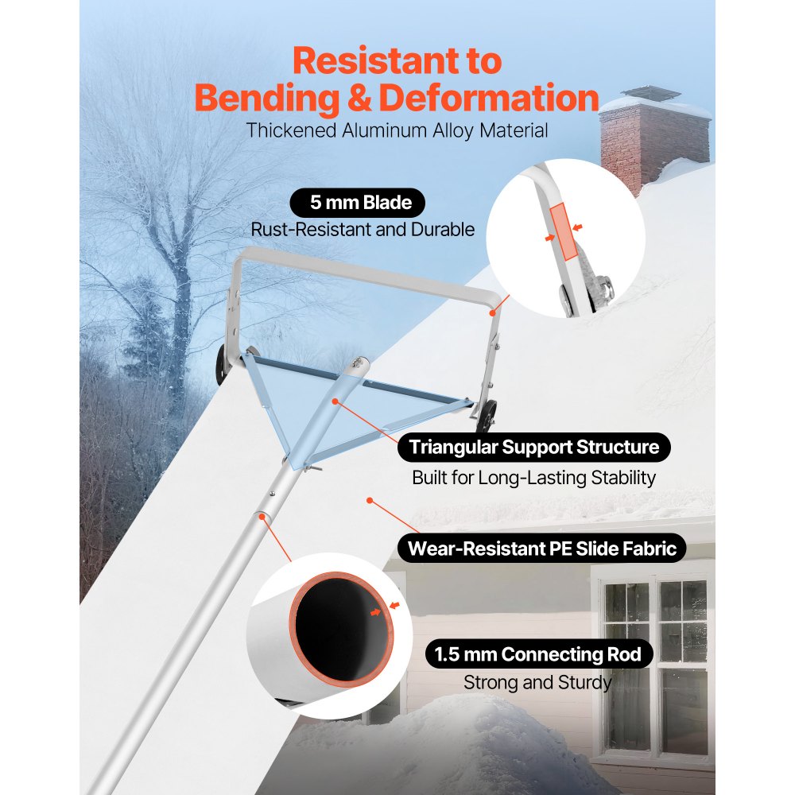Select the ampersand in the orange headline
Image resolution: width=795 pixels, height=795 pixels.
point(359,98)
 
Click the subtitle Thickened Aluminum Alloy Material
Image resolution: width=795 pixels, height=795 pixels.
point(397,130)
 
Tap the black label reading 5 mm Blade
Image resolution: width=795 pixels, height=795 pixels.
point(358,203)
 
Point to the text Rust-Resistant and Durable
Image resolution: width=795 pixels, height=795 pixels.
point(363,230)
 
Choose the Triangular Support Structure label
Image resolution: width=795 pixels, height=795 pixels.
point(534,447)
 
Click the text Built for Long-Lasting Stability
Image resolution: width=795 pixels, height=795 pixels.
point(534,478)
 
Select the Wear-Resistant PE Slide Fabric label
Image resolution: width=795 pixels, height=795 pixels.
point(542,549)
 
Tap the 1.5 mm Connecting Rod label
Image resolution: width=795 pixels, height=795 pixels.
point(538,654)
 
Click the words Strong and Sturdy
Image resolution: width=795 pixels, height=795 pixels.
point(537,682)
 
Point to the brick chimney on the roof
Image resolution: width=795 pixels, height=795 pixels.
point(654,137)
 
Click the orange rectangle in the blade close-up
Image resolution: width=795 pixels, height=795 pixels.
point(564,232)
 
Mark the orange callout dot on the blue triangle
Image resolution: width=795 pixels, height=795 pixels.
point(335,401)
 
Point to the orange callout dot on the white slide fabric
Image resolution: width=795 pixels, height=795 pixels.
point(370,500)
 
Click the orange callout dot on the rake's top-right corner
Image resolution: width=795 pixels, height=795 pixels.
point(492,313)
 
